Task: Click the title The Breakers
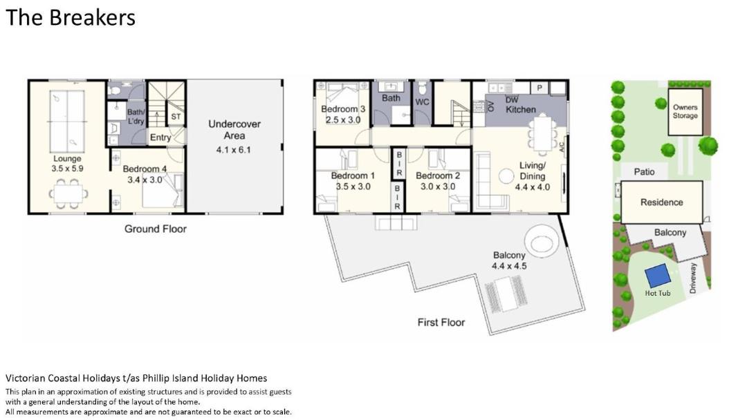tap(71, 17)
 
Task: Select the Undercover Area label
tap(234, 130)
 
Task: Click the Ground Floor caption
tap(156, 229)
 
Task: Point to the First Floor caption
tap(441, 323)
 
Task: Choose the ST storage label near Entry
tap(176, 117)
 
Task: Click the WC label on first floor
tap(422, 102)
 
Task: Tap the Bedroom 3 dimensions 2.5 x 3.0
tap(343, 120)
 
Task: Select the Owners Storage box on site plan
tap(685, 113)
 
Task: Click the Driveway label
tap(692, 278)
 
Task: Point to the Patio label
tap(644, 172)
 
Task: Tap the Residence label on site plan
tap(661, 202)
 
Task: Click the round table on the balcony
tap(540, 240)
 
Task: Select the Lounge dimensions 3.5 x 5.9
tap(67, 169)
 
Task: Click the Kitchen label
tap(521, 109)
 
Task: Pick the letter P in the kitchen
tap(539, 88)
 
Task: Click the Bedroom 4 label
tap(145, 169)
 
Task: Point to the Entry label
tap(160, 137)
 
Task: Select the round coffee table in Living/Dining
tap(506, 176)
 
